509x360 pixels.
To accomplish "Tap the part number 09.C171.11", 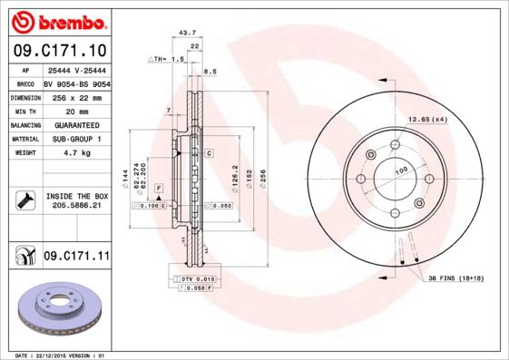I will pyautogui.click(x=75, y=258).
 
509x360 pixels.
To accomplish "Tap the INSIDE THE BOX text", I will pyautogui.click(x=77, y=196).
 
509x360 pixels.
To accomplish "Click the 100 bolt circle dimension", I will pyautogui.click(x=400, y=170).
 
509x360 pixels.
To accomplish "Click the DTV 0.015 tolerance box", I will pyautogui.click(x=197, y=278).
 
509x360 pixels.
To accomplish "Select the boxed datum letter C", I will pyautogui.click(x=209, y=153).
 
